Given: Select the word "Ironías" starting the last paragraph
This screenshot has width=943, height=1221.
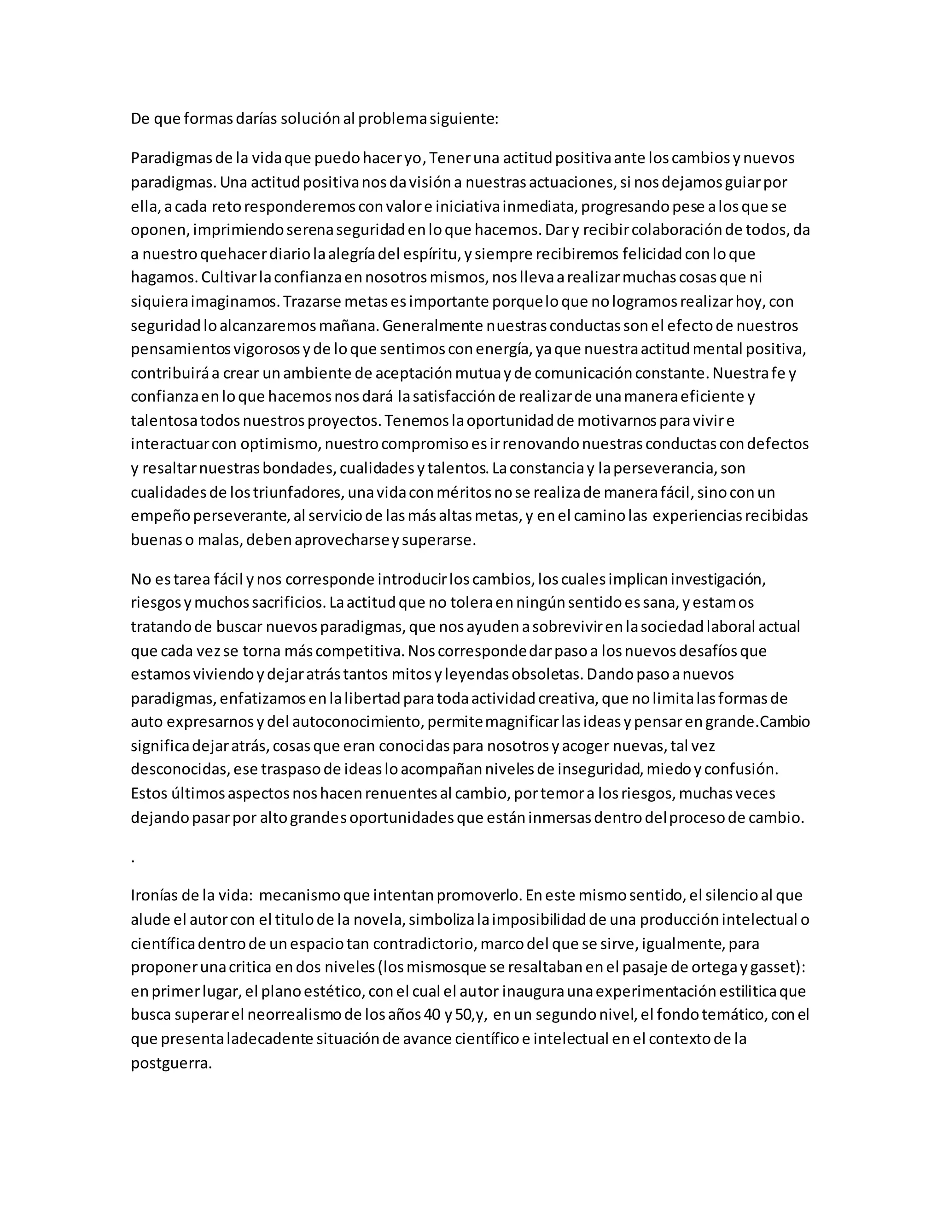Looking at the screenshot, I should click(155, 896).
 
